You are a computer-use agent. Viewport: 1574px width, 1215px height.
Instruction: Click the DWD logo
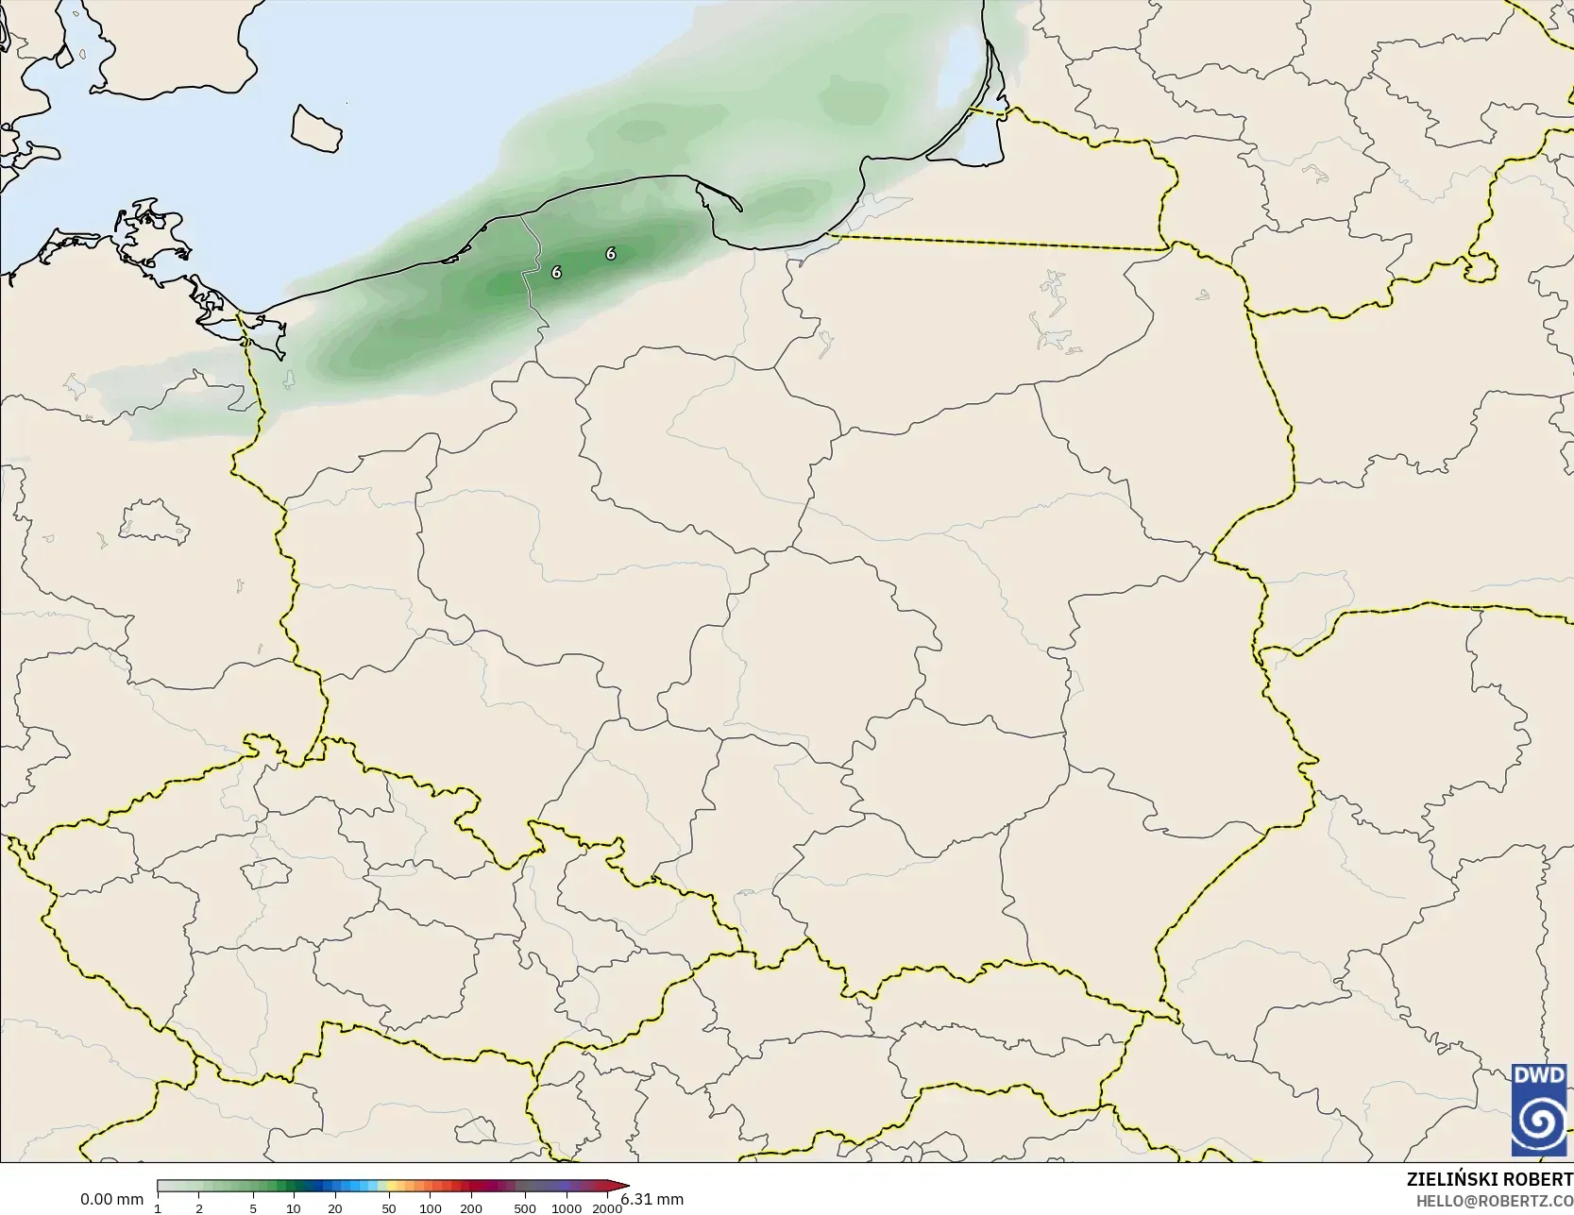pyautogui.click(x=1539, y=1111)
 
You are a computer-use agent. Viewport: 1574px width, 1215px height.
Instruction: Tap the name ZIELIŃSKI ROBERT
pyautogui.click(x=1489, y=1180)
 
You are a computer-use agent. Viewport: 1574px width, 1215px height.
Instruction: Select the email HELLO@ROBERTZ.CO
pyautogui.click(x=1494, y=1200)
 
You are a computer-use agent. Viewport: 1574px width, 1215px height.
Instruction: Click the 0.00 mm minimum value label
pyautogui.click(x=111, y=1200)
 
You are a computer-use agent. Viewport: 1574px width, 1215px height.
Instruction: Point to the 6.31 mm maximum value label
pyautogui.click(x=652, y=1200)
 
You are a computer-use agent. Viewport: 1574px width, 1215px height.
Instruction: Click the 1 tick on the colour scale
pyautogui.click(x=158, y=1208)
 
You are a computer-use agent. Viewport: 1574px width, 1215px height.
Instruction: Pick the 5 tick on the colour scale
pyautogui.click(x=253, y=1208)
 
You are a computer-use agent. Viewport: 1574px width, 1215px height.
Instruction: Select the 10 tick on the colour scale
pyautogui.click(x=294, y=1208)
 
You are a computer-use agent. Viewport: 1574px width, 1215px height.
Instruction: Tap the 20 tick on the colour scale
pyautogui.click(x=335, y=1208)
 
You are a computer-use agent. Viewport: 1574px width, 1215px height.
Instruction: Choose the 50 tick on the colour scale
pyautogui.click(x=389, y=1208)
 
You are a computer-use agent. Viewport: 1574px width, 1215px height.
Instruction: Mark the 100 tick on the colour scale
pyautogui.click(x=431, y=1208)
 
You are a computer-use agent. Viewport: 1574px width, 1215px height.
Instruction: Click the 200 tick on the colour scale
pyautogui.click(x=471, y=1208)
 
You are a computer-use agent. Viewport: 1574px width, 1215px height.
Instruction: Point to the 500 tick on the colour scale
pyautogui.click(x=525, y=1208)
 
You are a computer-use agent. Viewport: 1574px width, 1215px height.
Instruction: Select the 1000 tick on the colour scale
pyautogui.click(x=567, y=1208)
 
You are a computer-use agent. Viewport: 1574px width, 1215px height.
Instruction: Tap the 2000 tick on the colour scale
pyautogui.click(x=607, y=1208)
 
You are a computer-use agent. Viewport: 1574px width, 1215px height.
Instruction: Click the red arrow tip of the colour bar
pyautogui.click(x=624, y=1186)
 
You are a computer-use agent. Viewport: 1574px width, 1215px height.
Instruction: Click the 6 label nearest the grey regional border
pyautogui.click(x=556, y=272)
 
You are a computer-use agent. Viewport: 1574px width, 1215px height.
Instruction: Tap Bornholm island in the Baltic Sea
pyautogui.click(x=315, y=127)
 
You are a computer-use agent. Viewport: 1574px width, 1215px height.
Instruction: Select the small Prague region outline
pyautogui.click(x=265, y=873)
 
